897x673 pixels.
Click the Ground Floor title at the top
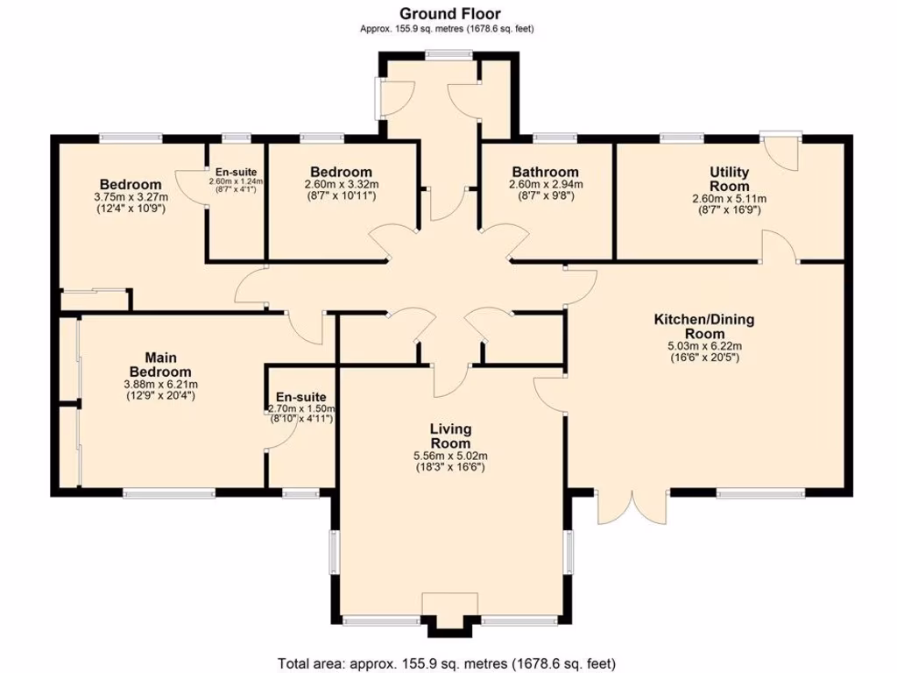[450, 13]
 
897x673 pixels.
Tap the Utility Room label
[729, 179]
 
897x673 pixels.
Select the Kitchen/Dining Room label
[703, 326]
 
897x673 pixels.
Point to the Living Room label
[450, 436]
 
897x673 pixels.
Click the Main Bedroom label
[160, 364]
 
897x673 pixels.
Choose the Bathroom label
[545, 172]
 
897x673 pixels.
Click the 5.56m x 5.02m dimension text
[450, 456]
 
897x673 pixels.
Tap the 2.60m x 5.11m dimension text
[729, 199]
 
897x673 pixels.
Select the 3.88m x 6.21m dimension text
[160, 384]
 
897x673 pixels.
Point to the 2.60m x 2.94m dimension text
[545, 185]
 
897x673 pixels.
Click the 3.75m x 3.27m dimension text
[131, 198]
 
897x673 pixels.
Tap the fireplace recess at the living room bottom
[450, 612]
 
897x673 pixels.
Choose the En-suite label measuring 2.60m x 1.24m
[236, 172]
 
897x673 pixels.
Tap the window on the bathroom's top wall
[554, 137]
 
